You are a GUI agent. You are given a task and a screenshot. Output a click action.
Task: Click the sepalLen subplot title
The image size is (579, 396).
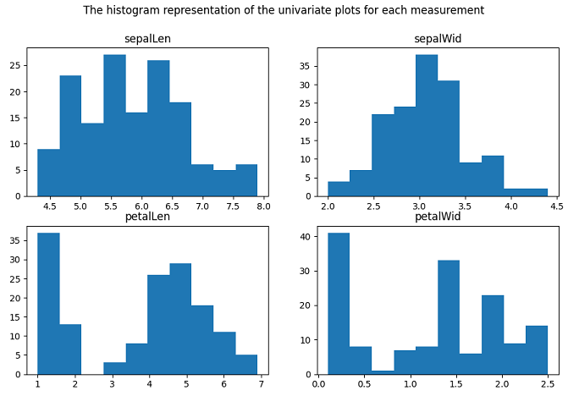(147, 39)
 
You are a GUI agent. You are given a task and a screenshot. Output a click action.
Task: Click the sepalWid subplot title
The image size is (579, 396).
(438, 39)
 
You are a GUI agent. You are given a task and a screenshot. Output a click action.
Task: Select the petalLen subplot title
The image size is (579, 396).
(147, 217)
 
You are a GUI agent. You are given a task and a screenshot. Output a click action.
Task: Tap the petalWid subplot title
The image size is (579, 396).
(438, 217)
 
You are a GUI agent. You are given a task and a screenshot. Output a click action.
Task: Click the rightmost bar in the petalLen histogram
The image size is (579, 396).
(246, 365)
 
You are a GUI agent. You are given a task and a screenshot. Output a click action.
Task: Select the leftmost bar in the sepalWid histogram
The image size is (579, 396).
(338, 189)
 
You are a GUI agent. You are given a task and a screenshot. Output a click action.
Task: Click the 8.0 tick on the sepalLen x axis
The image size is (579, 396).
(262, 206)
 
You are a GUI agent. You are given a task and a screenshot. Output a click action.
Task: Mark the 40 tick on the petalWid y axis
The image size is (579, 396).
(307, 237)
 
